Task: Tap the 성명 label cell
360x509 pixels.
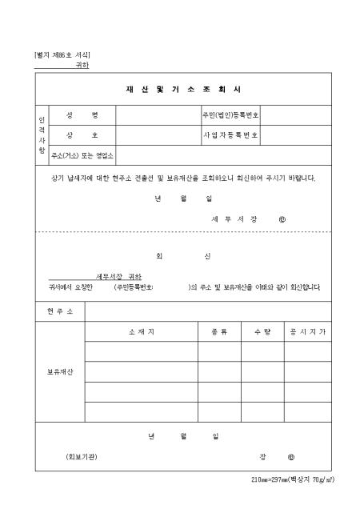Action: click(x=82, y=115)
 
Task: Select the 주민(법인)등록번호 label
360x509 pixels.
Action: click(x=230, y=115)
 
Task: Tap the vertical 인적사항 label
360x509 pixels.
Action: click(x=42, y=134)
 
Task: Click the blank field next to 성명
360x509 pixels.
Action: click(x=158, y=115)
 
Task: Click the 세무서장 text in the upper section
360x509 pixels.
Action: click(x=232, y=218)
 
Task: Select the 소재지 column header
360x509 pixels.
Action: click(x=141, y=331)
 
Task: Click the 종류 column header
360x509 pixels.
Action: click(x=219, y=331)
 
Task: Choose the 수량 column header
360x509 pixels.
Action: click(x=262, y=331)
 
